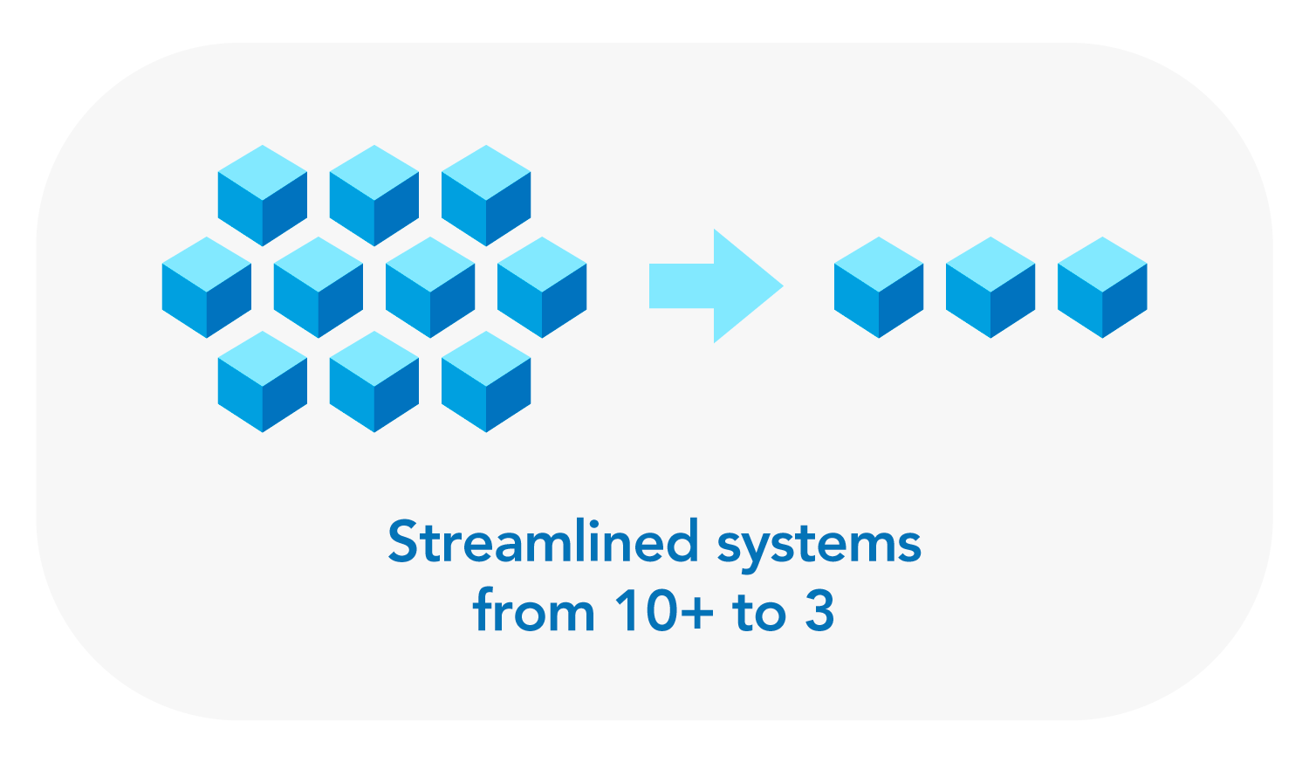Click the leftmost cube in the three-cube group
coord(879,287)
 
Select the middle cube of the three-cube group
coord(990,287)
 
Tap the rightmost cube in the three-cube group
coord(1102,287)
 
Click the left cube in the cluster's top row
coord(263,196)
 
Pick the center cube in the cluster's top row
coord(374,196)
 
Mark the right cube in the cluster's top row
coord(486,196)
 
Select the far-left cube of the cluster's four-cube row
coord(207,287)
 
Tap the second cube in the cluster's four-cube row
coord(319,287)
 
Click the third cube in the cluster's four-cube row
coord(430,287)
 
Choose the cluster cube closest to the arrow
coord(542,287)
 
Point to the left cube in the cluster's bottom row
coord(263,381)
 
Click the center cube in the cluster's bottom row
coord(374,381)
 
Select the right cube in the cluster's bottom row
coord(486,381)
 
